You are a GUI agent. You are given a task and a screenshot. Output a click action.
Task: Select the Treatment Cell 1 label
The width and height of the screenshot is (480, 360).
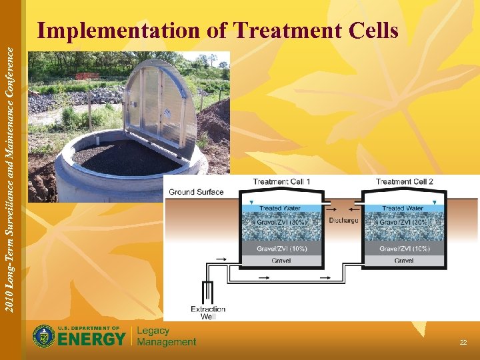pyautogui.click(x=281, y=181)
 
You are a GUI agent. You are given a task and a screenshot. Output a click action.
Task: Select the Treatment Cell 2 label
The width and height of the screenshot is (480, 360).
pyautogui.click(x=404, y=181)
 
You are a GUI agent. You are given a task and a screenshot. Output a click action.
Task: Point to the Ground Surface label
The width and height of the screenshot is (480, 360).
pyautogui.click(x=196, y=192)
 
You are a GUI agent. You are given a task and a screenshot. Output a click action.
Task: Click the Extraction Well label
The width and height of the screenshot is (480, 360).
pyautogui.click(x=208, y=313)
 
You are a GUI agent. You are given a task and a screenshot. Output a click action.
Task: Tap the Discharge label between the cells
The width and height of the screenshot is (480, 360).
pyautogui.click(x=343, y=221)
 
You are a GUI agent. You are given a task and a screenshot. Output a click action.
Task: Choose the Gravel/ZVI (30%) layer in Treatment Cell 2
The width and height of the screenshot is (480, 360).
pyautogui.click(x=404, y=223)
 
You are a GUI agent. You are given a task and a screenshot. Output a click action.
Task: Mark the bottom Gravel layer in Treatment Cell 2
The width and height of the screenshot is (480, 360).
pyautogui.click(x=404, y=261)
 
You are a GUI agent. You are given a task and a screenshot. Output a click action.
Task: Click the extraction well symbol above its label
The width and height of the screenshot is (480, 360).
pyautogui.click(x=208, y=291)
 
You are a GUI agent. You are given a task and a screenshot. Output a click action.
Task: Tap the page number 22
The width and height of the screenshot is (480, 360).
pyautogui.click(x=463, y=342)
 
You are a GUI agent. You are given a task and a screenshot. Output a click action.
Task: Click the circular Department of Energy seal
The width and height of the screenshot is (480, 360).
pyautogui.click(x=44, y=336)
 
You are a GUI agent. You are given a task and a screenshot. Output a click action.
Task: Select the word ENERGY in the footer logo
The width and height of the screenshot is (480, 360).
pyautogui.click(x=91, y=339)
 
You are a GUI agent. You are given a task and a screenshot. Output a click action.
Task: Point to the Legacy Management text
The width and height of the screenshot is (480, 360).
pyautogui.click(x=166, y=337)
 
